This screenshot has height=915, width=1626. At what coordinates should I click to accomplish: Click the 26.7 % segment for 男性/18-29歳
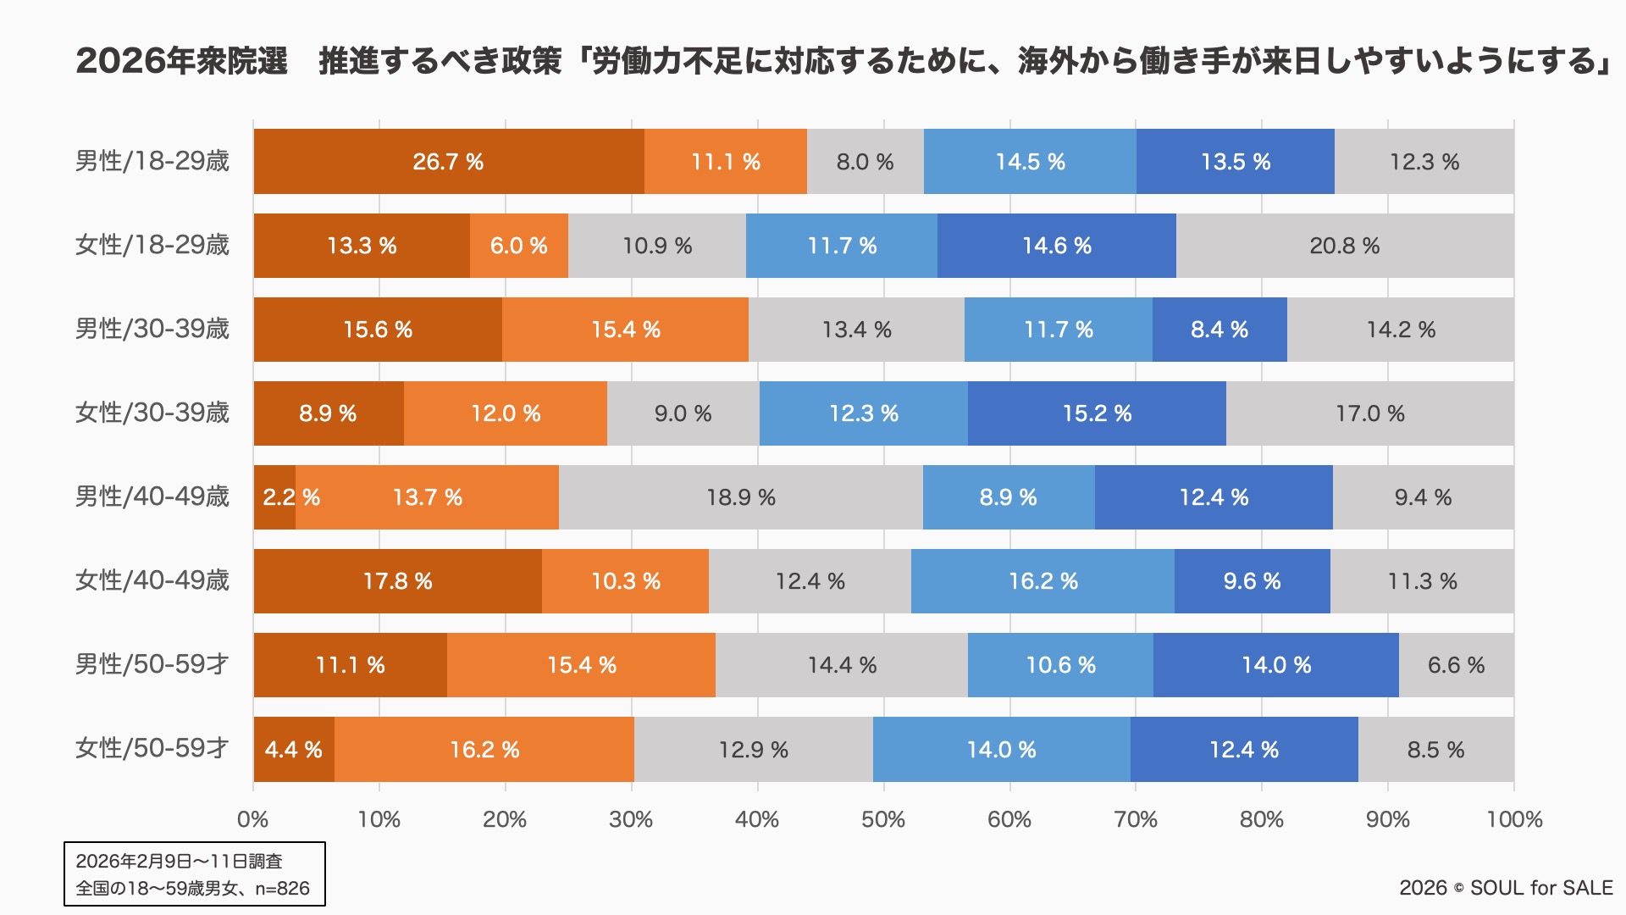pos(448,162)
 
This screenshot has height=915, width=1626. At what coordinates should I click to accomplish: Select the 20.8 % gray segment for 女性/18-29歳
pos(1344,246)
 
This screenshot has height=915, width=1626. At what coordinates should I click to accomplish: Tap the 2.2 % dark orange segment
pos(274,497)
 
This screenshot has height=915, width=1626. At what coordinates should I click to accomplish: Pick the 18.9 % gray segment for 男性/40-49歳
pos(740,497)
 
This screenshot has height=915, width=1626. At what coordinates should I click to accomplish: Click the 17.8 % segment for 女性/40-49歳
pos(397,581)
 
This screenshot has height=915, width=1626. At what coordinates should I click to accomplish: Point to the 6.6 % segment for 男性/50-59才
pos(1456,665)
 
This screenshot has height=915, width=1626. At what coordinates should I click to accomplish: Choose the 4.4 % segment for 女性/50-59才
pos(293,750)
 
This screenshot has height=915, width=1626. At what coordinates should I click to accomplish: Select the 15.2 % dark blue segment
pos(1097,413)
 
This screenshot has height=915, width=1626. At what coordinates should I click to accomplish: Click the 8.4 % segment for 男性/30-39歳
pos(1219,330)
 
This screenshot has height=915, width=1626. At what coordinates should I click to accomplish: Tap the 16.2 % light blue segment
pos(1043,581)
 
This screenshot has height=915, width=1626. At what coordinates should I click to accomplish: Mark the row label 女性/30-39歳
pos(152,413)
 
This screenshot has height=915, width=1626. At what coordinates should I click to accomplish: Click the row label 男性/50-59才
pos(152,665)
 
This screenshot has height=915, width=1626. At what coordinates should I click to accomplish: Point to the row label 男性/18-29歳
pos(152,162)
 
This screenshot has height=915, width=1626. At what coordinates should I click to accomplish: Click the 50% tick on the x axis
pos(883,819)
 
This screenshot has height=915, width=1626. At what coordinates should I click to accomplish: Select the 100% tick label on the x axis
pos(1514,819)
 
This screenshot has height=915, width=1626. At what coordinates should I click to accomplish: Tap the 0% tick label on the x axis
pos(253,819)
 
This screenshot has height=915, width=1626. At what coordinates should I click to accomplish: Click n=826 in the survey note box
pos(283,889)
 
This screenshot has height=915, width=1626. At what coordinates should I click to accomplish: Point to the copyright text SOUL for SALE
pos(1541,888)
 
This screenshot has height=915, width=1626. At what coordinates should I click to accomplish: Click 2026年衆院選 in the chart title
pos(182,61)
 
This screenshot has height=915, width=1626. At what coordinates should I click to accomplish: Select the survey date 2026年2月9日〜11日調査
pos(179,862)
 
